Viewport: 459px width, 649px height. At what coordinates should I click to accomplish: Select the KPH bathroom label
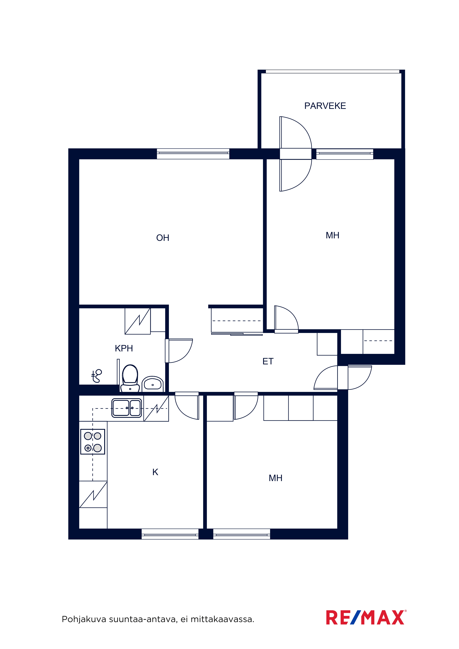[124, 348]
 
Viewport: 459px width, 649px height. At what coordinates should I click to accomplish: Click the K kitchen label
[155, 472]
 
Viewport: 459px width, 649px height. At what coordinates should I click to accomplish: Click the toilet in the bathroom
[130, 378]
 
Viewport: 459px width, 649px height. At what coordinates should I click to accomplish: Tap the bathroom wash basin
[153, 384]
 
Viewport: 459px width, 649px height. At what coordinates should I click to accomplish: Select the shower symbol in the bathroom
[96, 376]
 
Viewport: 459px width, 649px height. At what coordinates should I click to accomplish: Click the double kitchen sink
[127, 408]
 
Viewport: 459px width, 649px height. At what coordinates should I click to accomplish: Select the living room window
[193, 154]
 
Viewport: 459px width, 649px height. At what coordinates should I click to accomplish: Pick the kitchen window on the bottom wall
[170, 534]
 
